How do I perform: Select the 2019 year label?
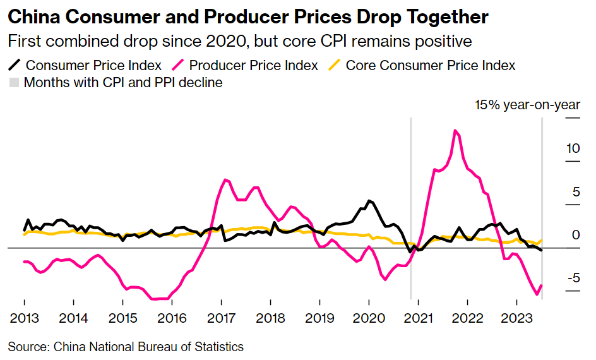click(319, 318)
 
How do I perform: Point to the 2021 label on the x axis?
click(418, 318)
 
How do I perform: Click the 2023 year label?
click(516, 318)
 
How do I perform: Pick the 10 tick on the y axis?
click(573, 149)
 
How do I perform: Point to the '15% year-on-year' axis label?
click(527, 105)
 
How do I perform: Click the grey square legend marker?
click(13, 83)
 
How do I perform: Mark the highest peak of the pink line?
click(455, 131)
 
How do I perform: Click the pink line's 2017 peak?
click(227, 180)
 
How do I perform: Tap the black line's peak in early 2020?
click(369, 201)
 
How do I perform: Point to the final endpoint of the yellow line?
click(542, 240)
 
